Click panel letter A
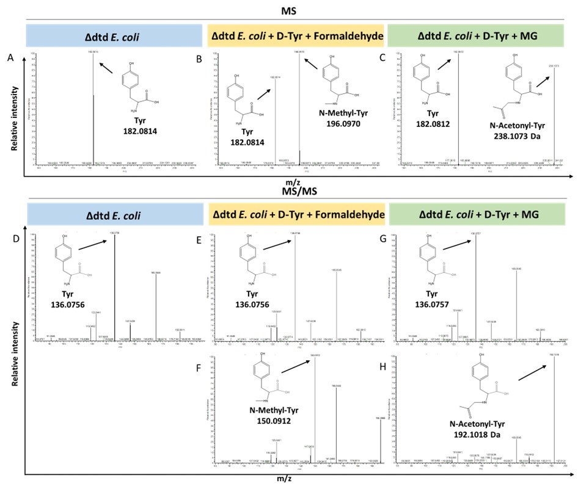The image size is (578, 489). click(10, 57)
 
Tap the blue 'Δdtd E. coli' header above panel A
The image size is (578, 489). click(114, 36)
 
